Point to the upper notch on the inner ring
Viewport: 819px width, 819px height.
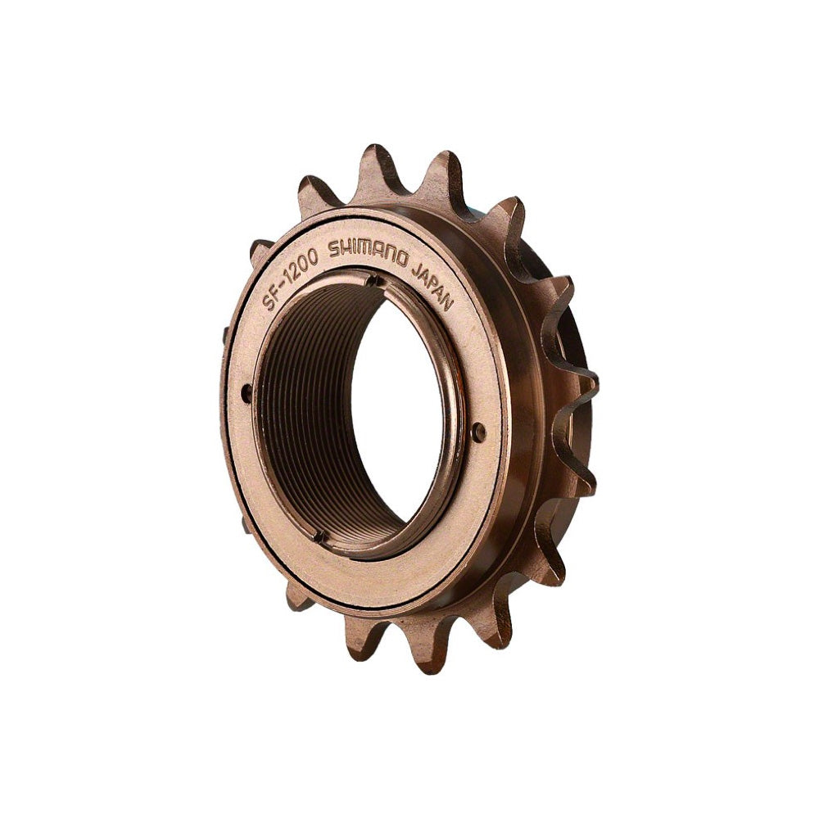click(x=373, y=281)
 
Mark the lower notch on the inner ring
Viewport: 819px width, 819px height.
click(x=320, y=537)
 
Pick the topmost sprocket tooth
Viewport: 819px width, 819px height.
click(x=374, y=160)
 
